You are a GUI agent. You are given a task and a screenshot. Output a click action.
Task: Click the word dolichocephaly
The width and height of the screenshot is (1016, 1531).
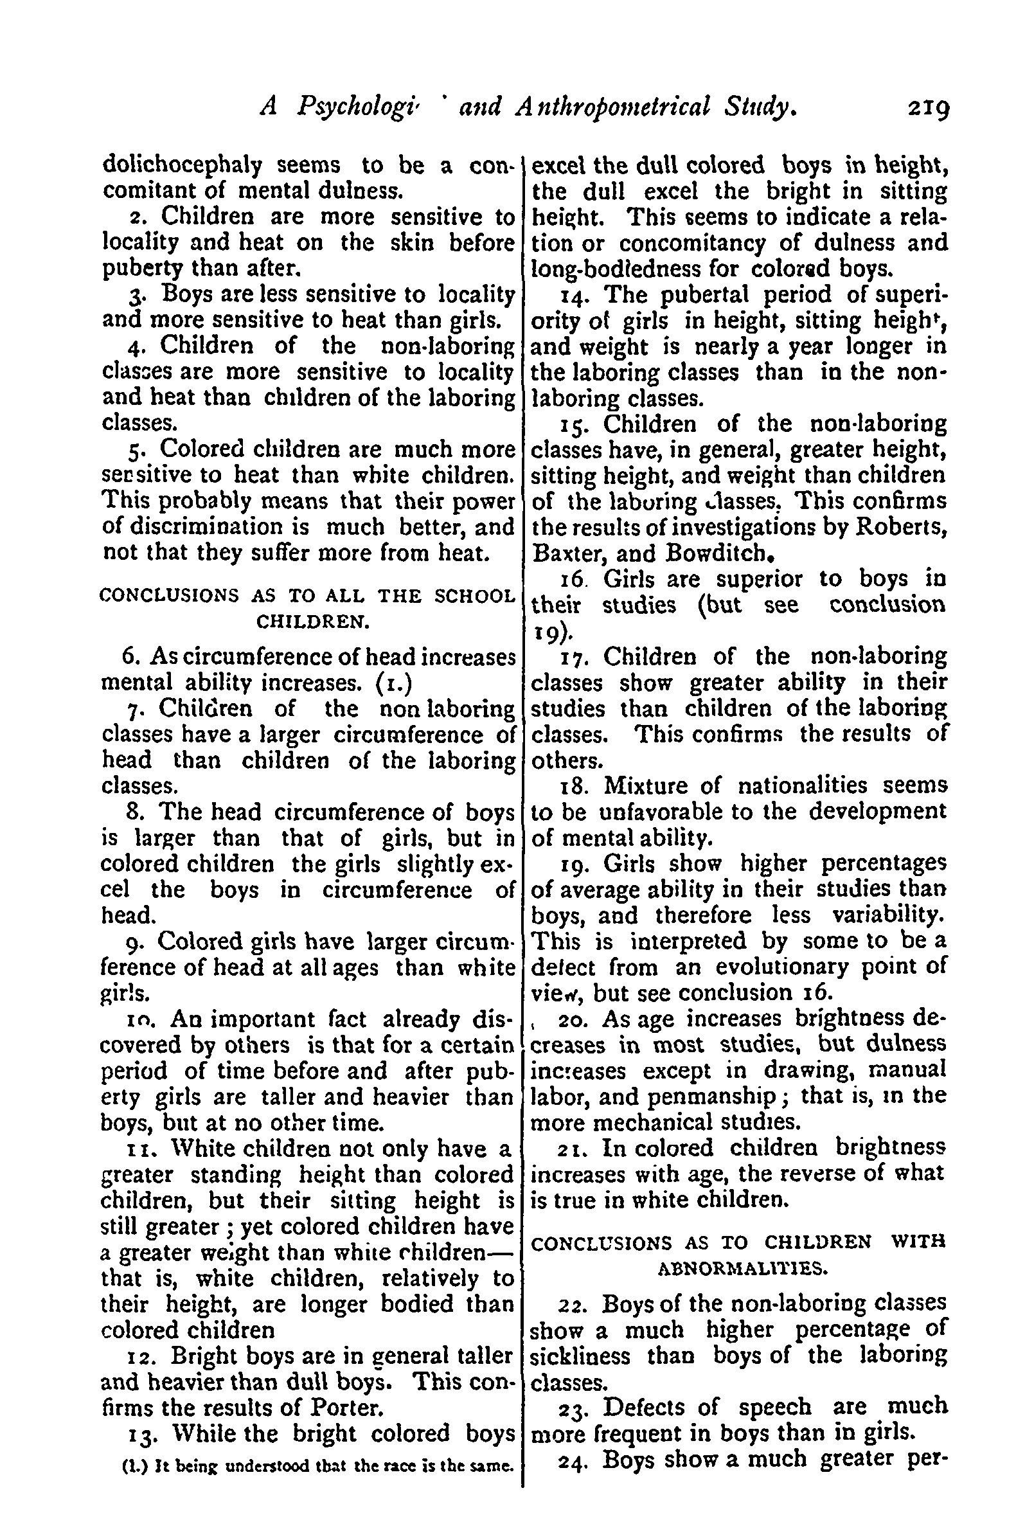click(183, 166)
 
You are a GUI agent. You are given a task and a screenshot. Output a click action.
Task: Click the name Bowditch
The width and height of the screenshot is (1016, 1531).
click(718, 553)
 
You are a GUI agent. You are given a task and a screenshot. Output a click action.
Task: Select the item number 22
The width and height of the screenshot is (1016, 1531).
click(572, 1304)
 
